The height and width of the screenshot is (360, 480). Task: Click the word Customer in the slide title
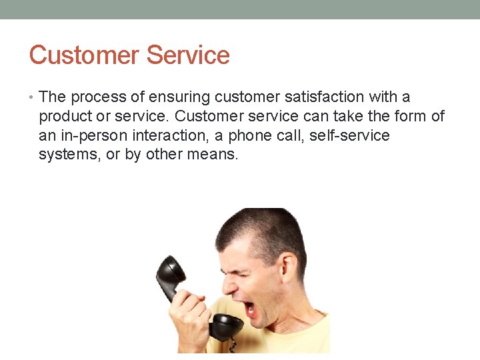(x=84, y=55)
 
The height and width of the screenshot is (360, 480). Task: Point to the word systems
(x=67, y=155)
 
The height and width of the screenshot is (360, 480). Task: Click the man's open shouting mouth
(x=249, y=309)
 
